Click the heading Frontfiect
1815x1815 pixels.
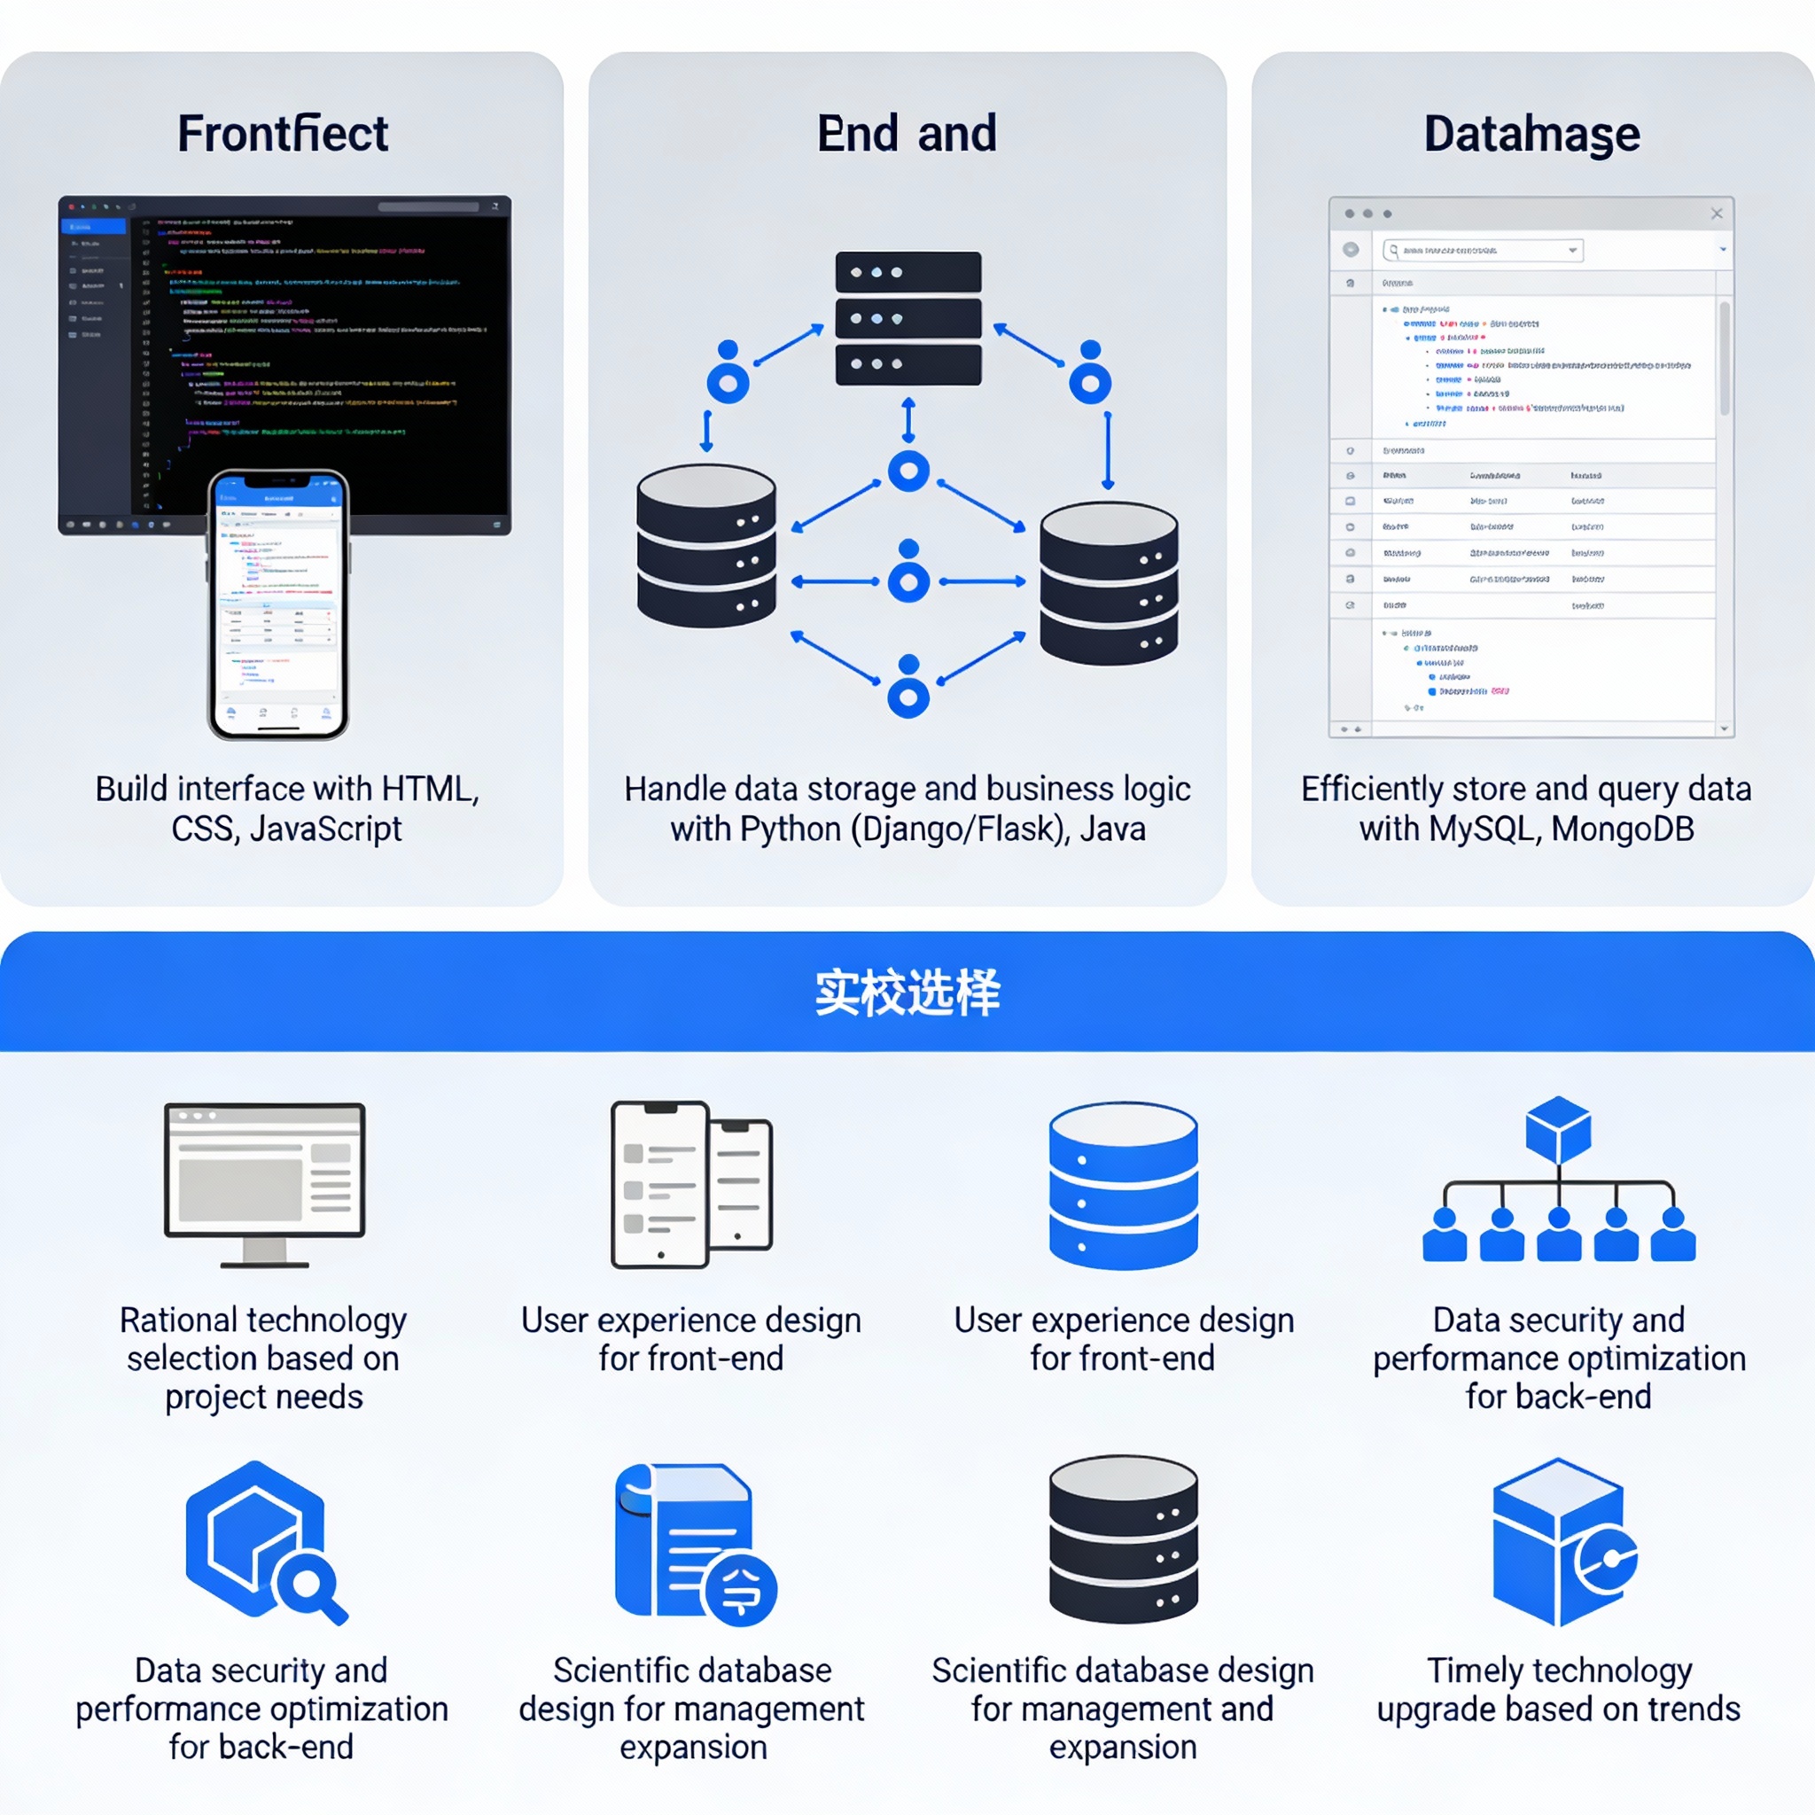pos(282,134)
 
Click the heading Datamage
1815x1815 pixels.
pos(1531,134)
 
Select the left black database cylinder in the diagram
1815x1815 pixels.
pos(706,545)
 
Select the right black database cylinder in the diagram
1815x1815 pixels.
pos(1109,583)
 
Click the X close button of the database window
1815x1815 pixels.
pos(1717,214)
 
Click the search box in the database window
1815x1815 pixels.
pos(1483,250)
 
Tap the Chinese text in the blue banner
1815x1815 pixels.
pos(907,992)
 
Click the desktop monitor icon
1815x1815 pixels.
pos(264,1184)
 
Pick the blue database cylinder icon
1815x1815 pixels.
pos(1123,1185)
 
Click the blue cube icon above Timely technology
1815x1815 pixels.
pos(1560,1540)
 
